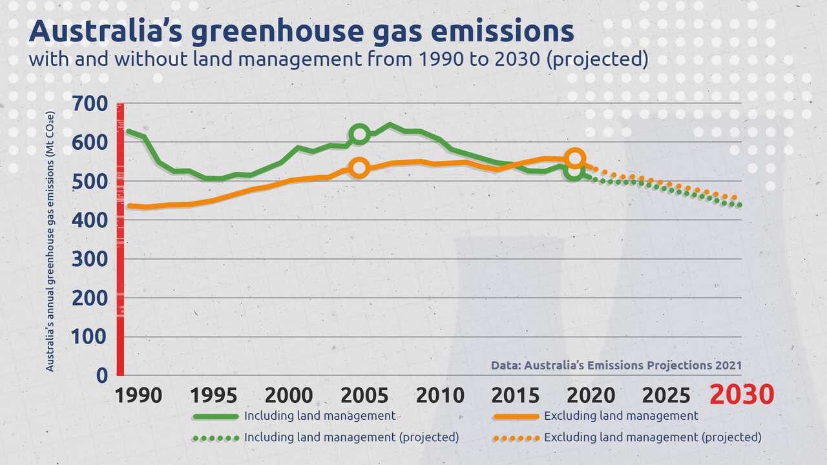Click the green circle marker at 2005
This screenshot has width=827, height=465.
tap(360, 134)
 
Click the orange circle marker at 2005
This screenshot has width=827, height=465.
tap(360, 168)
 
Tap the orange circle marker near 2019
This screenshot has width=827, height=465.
tap(575, 158)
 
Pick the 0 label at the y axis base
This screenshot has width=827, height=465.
tap(102, 375)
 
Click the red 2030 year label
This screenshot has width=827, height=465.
tap(741, 395)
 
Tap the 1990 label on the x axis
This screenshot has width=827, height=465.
tap(138, 395)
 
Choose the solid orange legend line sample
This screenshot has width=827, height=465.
tap(516, 416)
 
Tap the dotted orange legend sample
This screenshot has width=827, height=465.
tap(516, 438)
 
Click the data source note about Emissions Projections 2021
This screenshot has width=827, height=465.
tap(616, 365)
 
